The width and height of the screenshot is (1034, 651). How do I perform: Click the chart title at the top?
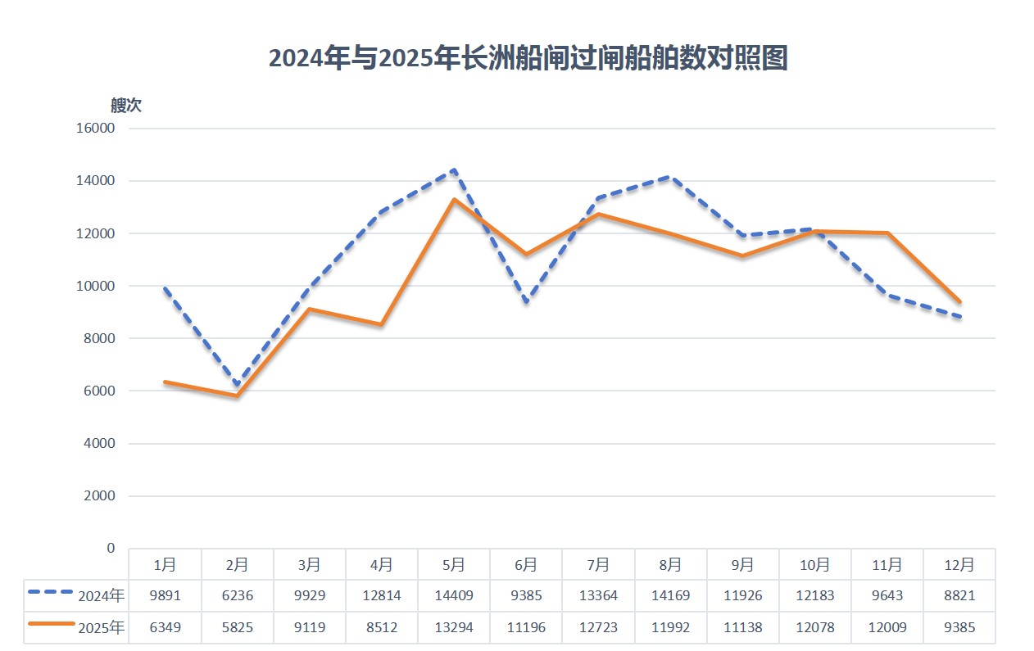point(528,59)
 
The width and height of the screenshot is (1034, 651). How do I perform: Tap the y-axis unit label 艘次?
point(126,105)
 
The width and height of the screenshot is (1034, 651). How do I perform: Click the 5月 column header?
point(454,564)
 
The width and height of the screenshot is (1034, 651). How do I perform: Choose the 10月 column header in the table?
point(814,564)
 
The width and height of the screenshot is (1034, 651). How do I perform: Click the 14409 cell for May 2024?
point(454,595)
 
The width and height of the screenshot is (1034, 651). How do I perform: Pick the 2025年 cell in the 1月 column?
point(165,628)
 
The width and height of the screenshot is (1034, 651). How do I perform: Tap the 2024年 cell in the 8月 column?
point(670,595)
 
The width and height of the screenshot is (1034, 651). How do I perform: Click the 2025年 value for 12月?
point(959,628)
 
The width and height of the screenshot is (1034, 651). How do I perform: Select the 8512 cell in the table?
point(382,628)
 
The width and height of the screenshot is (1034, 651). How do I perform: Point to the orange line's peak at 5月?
point(454,200)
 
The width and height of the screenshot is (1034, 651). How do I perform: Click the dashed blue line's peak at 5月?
point(454,170)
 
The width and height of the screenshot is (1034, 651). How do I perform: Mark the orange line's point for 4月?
point(382,325)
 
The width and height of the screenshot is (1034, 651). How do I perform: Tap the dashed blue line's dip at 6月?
point(526,302)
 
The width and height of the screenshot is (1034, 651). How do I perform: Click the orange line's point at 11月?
point(887,233)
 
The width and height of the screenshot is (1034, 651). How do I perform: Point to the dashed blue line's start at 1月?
point(165,289)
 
